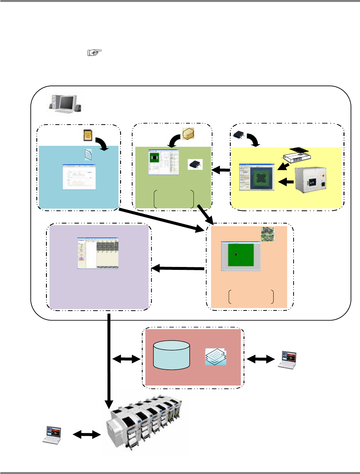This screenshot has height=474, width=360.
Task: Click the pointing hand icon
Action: click(x=95, y=52)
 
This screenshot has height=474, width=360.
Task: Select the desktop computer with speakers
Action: click(x=65, y=104)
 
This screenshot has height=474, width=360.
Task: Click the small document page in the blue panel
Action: click(x=88, y=155)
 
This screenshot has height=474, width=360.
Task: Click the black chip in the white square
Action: click(x=195, y=164)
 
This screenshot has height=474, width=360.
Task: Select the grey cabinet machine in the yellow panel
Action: click(x=310, y=180)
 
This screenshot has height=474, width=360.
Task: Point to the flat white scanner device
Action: click(x=297, y=155)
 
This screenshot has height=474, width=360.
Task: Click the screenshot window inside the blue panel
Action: click(x=79, y=177)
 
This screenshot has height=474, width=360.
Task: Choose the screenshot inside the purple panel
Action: click(x=98, y=253)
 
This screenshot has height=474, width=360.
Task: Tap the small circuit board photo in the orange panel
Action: click(x=267, y=234)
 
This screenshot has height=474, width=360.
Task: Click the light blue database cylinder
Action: click(x=171, y=355)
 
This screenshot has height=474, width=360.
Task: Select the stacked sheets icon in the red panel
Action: click(x=216, y=356)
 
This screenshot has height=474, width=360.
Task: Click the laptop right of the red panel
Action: click(x=288, y=360)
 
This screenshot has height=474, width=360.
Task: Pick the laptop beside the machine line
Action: click(x=53, y=435)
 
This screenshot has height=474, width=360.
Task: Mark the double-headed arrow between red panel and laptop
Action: click(x=261, y=359)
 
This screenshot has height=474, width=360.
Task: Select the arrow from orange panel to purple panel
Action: click(x=178, y=268)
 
